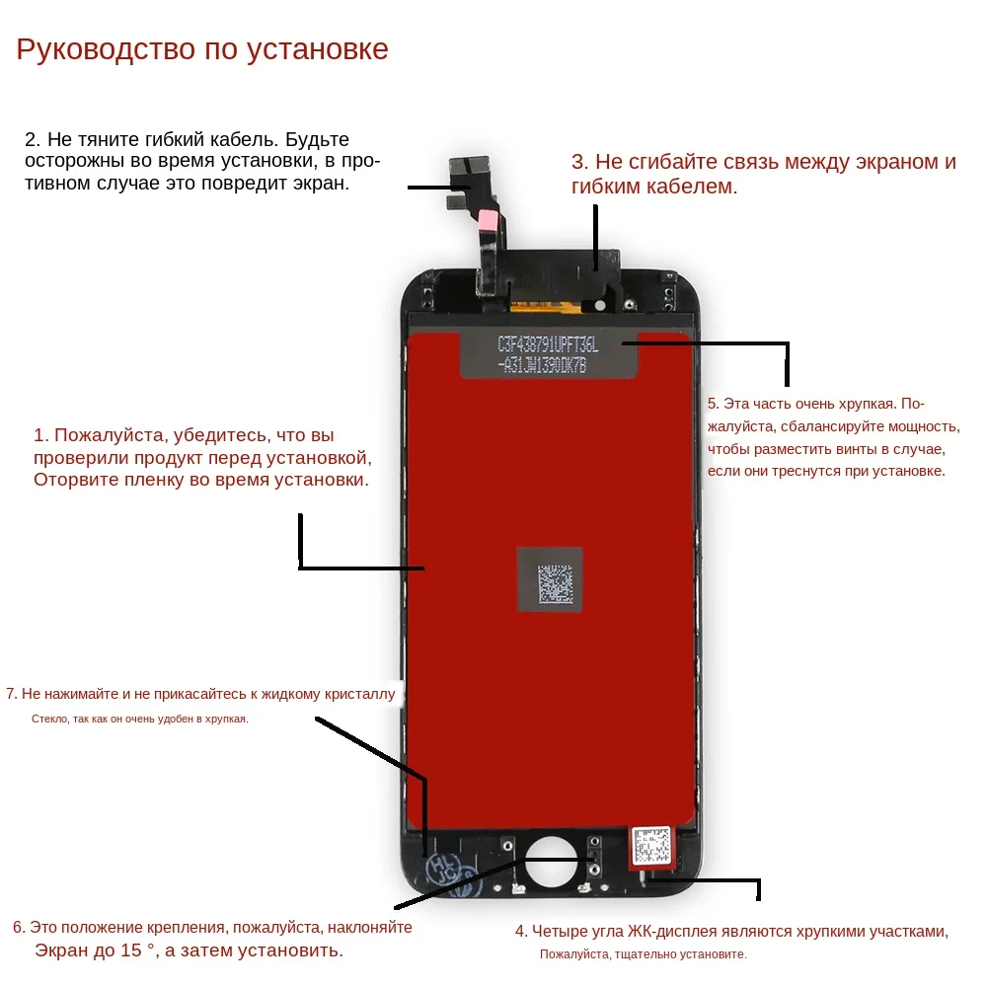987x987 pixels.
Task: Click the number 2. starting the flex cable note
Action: [x=33, y=140]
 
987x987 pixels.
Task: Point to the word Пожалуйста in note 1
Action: [x=109, y=435]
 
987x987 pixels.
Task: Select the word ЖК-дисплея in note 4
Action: [x=675, y=931]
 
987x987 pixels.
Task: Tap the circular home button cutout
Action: [x=550, y=864]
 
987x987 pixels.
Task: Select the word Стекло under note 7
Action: [x=49, y=720]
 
